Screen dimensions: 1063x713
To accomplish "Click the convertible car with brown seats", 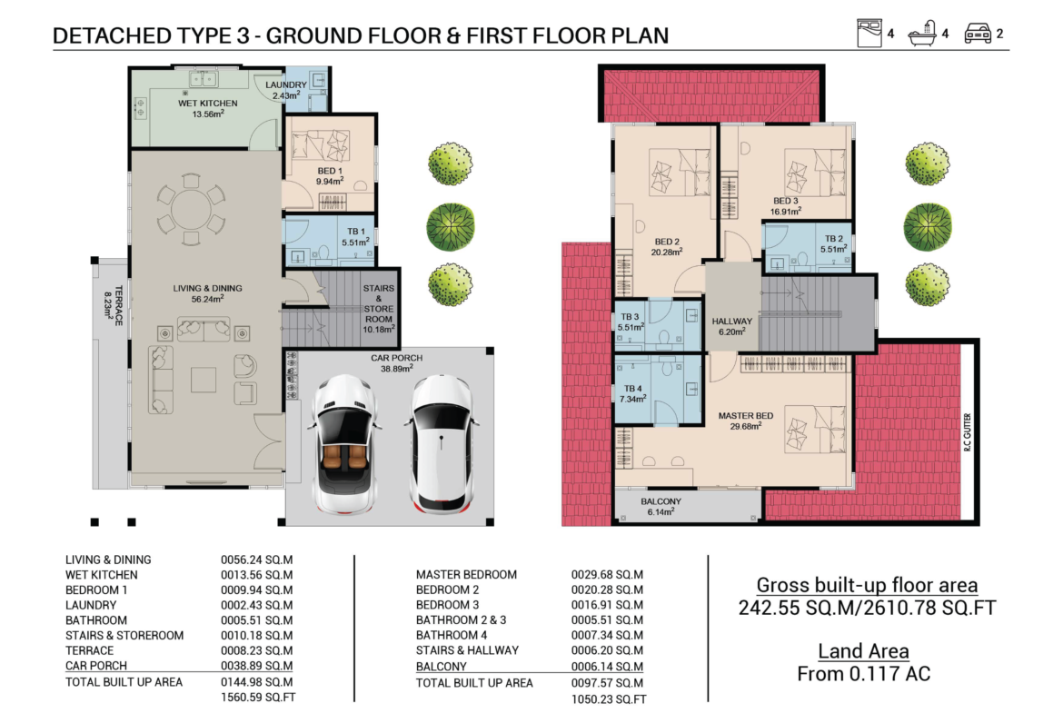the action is [345, 445].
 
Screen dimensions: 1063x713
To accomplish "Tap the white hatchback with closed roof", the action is [442, 444].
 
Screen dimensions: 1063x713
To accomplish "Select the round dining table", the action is [191, 210].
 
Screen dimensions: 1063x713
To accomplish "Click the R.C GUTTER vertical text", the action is [968, 431].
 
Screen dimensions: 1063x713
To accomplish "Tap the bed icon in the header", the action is [869, 34].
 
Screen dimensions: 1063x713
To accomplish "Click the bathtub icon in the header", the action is [923, 34].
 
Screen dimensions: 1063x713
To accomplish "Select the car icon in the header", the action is [978, 34].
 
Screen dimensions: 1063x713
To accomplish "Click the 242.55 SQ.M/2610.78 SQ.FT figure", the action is [867, 608].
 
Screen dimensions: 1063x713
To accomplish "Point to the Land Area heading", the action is [864, 651].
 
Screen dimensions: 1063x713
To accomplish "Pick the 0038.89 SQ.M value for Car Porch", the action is [257, 666].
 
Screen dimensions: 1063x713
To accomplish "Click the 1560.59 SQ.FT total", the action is [258, 697].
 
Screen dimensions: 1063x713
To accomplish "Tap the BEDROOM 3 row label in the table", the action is [447, 605].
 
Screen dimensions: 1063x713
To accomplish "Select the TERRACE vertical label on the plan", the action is [114, 305].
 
